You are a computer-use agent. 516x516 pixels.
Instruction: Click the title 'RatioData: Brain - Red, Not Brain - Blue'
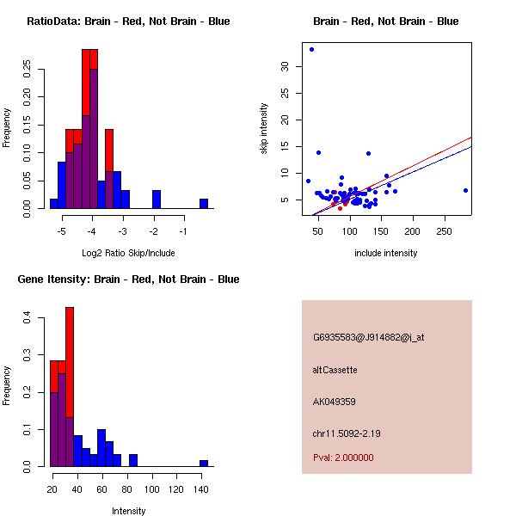click(128, 21)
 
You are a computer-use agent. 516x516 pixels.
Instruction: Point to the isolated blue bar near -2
click(157, 200)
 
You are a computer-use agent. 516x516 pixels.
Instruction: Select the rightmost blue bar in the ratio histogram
click(204, 204)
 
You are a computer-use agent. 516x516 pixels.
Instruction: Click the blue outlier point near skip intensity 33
click(311, 49)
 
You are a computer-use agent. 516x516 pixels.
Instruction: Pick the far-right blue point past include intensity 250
click(465, 190)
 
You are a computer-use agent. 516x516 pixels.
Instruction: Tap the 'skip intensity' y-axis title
click(264, 129)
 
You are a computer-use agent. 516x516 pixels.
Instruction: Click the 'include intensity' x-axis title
click(385, 253)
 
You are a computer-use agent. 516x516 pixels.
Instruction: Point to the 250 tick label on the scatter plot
click(445, 232)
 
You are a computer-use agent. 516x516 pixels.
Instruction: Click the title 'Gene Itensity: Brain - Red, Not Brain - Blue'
click(129, 279)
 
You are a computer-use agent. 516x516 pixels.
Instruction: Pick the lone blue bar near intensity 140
click(204, 463)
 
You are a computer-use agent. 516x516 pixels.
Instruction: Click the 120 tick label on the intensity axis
click(177, 489)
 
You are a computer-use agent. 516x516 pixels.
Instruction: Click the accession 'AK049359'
click(335, 402)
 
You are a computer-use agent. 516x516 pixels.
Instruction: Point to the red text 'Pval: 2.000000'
click(343, 458)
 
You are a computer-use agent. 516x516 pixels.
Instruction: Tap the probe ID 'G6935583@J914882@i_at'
click(368, 337)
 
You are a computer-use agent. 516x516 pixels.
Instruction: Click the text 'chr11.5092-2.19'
click(347, 433)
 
